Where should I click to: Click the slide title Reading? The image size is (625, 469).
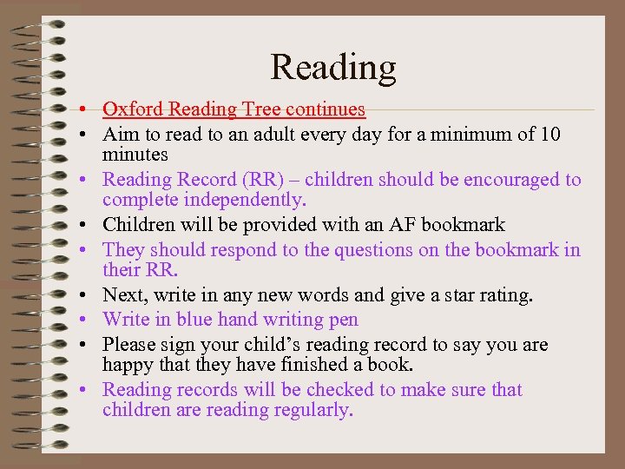pos(332,67)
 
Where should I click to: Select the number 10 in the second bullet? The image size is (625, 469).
pos(549,135)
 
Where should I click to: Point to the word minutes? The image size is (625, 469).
pos(135,155)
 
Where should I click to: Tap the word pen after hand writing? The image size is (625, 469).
pos(343,320)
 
